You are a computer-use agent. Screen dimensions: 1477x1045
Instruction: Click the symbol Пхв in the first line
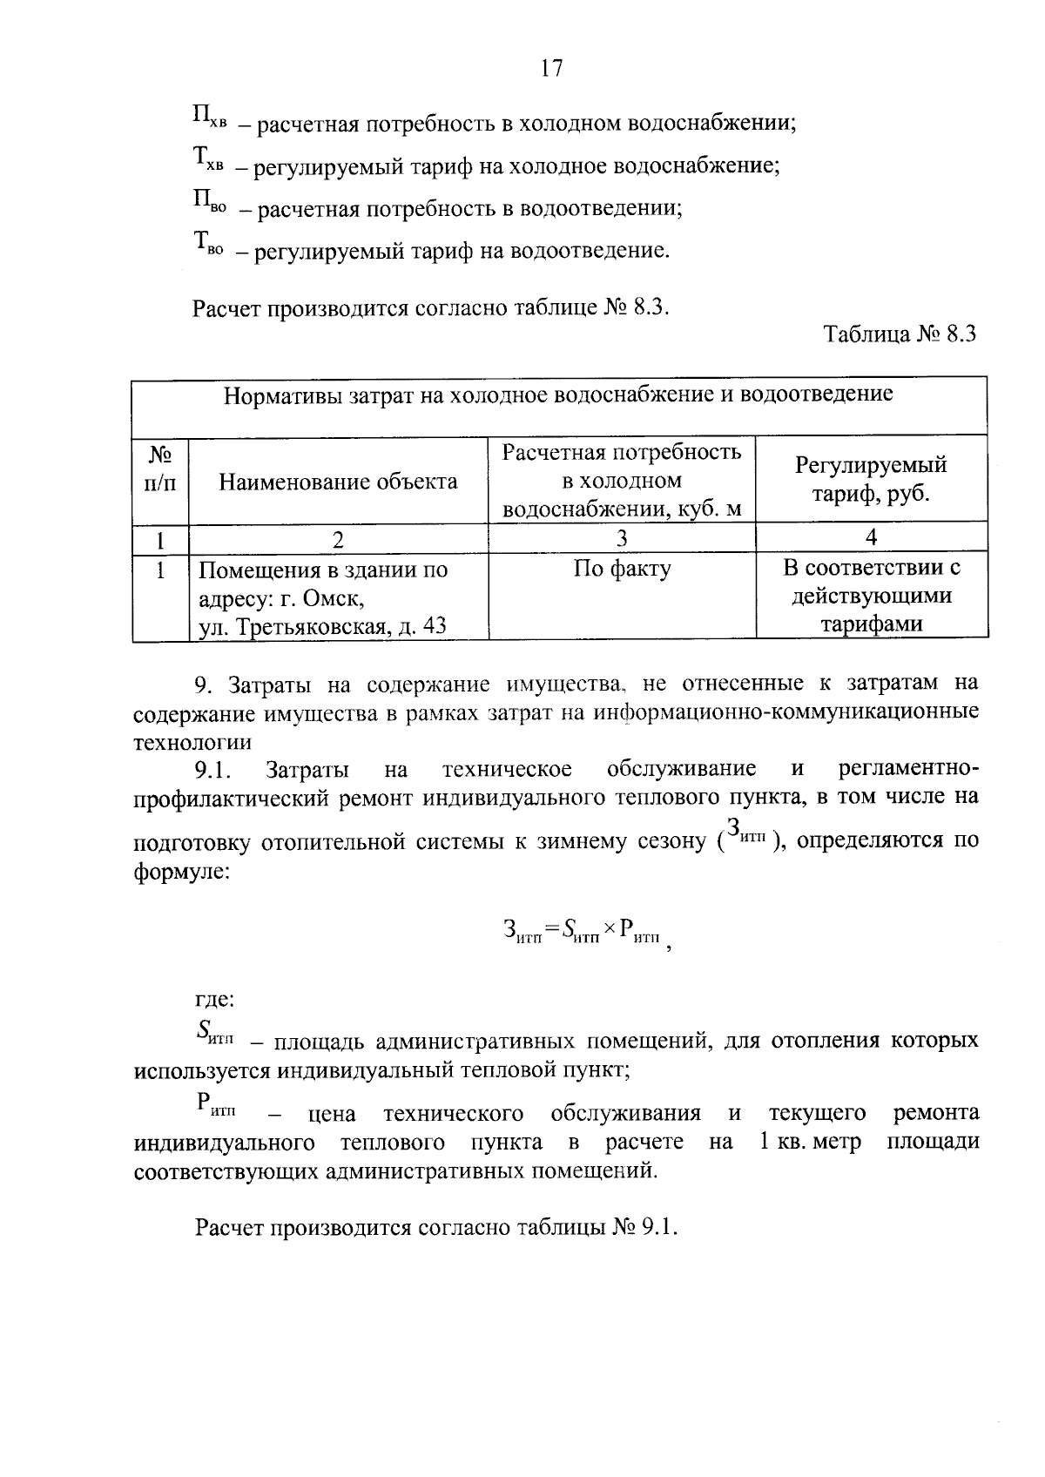tap(209, 118)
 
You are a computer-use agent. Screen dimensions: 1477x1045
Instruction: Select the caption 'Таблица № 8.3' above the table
tap(900, 335)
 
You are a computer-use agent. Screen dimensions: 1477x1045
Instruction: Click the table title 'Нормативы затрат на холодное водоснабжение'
tap(558, 395)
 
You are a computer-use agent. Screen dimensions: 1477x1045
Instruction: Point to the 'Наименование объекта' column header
tap(338, 482)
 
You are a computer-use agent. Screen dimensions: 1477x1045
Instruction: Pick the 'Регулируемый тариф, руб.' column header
tap(871, 480)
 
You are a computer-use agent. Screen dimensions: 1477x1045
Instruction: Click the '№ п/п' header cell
tap(160, 469)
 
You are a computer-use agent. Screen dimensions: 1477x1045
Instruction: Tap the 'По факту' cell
tap(622, 570)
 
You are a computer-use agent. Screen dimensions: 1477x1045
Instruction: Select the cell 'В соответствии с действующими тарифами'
tap(871, 597)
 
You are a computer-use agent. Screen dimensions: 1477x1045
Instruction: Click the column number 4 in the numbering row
tap(871, 537)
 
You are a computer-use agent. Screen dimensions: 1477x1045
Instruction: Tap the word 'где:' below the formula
tap(215, 1000)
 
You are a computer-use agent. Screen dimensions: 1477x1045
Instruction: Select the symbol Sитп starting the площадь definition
tap(215, 1035)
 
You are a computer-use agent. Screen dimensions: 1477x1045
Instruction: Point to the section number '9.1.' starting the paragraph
tap(211, 770)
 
